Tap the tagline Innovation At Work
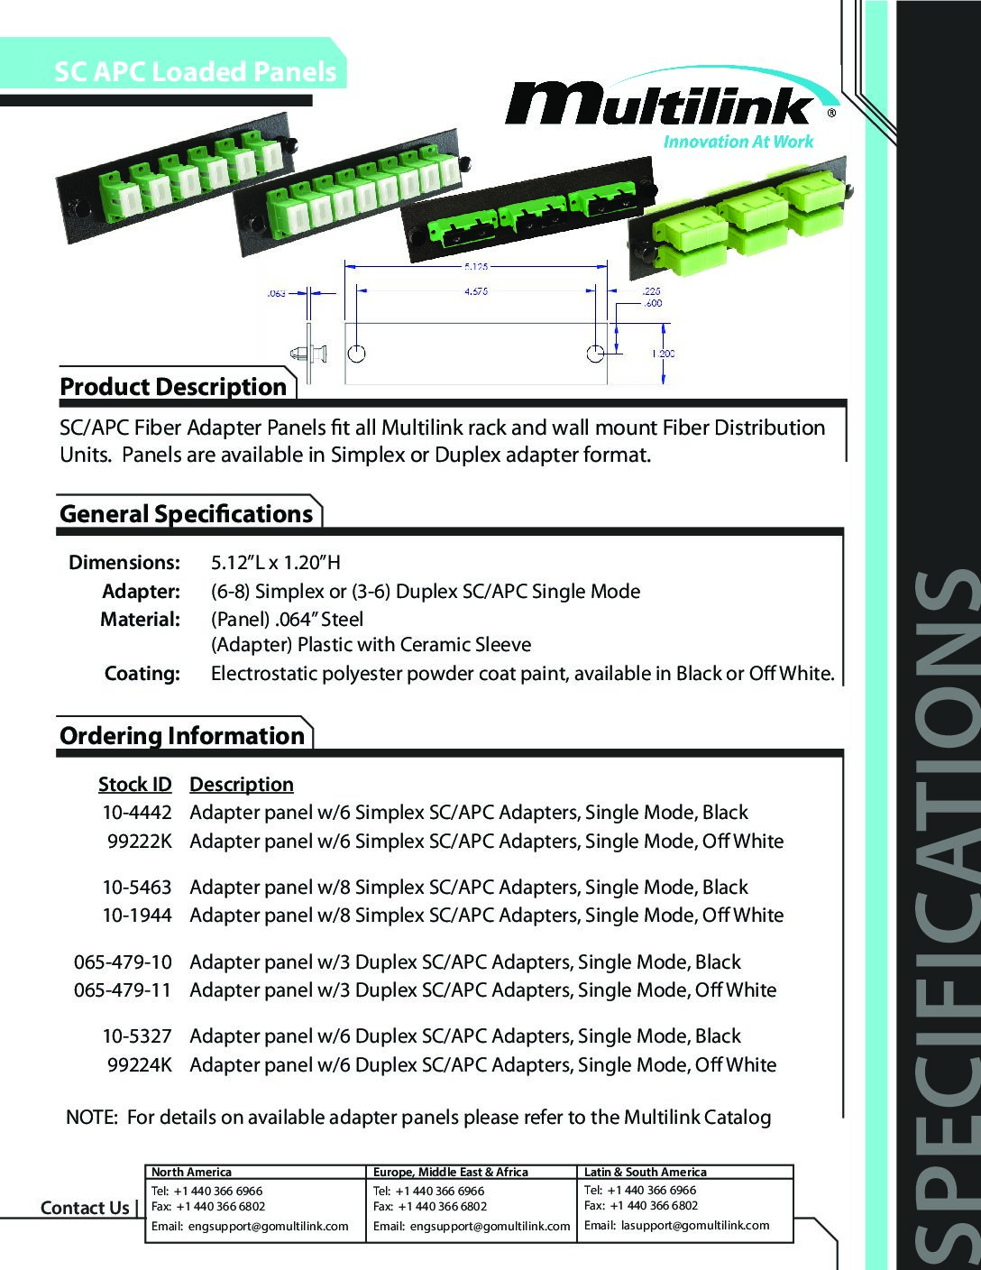point(738,141)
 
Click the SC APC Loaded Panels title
point(196,72)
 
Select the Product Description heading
point(173,387)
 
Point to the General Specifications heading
point(186,514)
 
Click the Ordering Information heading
point(182,736)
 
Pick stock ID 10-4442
point(135,813)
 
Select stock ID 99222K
point(139,842)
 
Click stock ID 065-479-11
point(123,989)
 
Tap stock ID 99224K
point(139,1064)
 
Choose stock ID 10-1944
point(135,916)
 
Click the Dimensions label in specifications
point(124,563)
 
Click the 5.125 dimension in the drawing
point(476,267)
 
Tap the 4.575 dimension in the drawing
point(476,291)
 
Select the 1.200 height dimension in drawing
point(663,354)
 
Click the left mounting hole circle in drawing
point(357,353)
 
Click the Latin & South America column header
point(646,1172)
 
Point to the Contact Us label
point(85,1208)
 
